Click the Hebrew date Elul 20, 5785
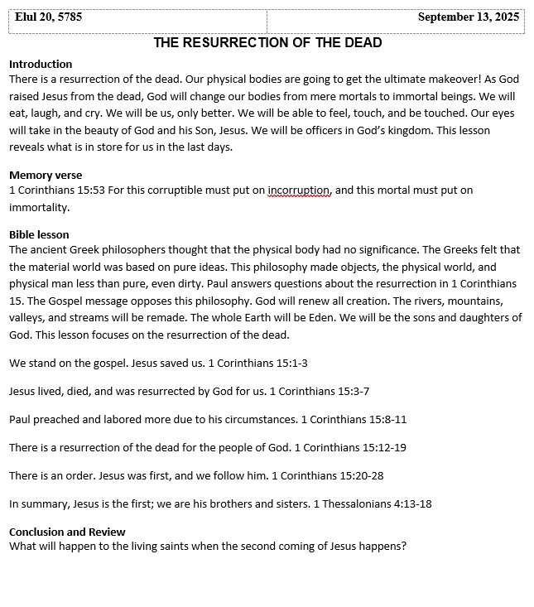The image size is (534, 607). (x=48, y=17)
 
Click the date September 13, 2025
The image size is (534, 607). (x=468, y=17)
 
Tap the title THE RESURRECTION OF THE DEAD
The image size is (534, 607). (x=267, y=43)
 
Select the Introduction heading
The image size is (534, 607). (x=41, y=64)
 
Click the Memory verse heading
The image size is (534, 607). (x=46, y=175)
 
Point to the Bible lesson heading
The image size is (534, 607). (x=39, y=234)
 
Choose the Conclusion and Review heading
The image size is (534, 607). (x=67, y=532)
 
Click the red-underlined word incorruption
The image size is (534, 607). (x=299, y=190)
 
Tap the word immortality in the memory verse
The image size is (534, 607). (x=39, y=209)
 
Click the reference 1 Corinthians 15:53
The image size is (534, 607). (x=56, y=190)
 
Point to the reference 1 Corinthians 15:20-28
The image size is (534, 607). (x=327, y=475)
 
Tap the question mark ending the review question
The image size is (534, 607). (x=404, y=547)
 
